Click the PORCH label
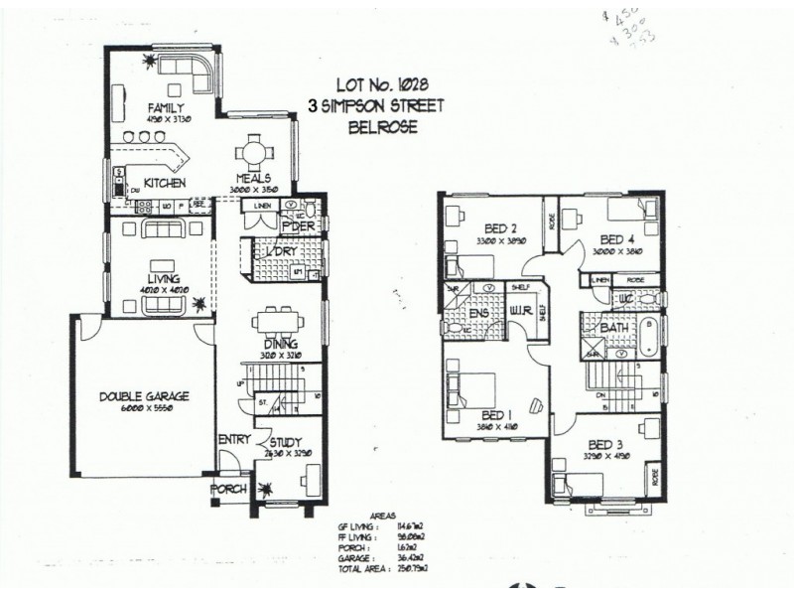227,490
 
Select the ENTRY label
233,440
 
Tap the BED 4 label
617,239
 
